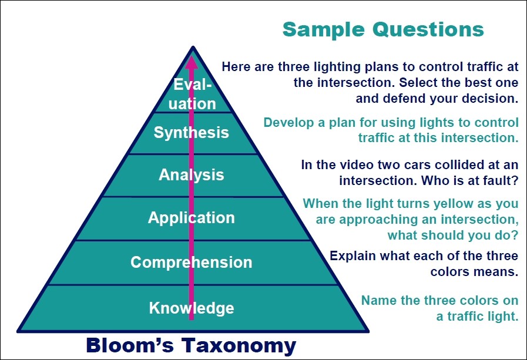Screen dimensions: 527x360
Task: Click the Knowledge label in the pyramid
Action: (x=192, y=308)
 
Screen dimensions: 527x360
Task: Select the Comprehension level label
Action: (x=192, y=263)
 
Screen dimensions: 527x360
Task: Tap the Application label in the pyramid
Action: (x=192, y=218)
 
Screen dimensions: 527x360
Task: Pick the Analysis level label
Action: (x=192, y=174)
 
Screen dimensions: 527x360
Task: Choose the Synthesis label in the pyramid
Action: (x=192, y=132)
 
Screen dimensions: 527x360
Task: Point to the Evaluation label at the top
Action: (x=192, y=94)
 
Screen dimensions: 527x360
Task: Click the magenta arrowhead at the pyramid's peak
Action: (x=192, y=62)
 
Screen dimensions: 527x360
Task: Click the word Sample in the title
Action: (x=323, y=30)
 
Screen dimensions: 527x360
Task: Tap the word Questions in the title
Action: (x=428, y=29)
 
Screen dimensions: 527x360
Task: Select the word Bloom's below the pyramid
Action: (x=130, y=345)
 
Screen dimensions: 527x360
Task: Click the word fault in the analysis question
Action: (x=502, y=181)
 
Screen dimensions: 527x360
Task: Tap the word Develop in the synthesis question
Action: (x=288, y=123)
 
